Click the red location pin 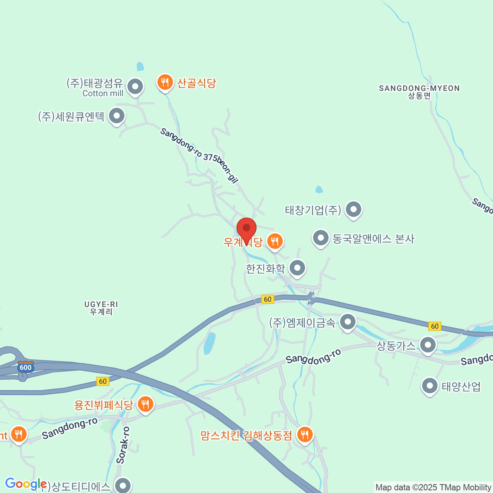pyautogui.click(x=246, y=228)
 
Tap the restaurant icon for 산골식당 pyautogui.click(x=165, y=83)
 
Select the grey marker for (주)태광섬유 pyautogui.click(x=135, y=87)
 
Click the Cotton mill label pyautogui.click(x=103, y=94)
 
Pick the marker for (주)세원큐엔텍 pyautogui.click(x=117, y=116)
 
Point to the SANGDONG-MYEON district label pyautogui.click(x=419, y=92)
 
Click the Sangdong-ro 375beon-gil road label pyautogui.click(x=199, y=156)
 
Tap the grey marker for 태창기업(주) pyautogui.click(x=353, y=210)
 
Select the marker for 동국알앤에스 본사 pyautogui.click(x=320, y=238)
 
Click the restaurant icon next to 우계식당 pyautogui.click(x=275, y=241)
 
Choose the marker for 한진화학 pyautogui.click(x=297, y=268)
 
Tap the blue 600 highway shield pyautogui.click(x=25, y=367)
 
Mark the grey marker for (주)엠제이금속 pyautogui.click(x=348, y=322)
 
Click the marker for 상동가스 pyautogui.click(x=428, y=345)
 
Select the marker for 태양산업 pyautogui.click(x=430, y=386)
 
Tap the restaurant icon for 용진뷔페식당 pyautogui.click(x=145, y=404)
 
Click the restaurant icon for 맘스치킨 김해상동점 pyautogui.click(x=304, y=434)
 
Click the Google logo pyautogui.click(x=25, y=484)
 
